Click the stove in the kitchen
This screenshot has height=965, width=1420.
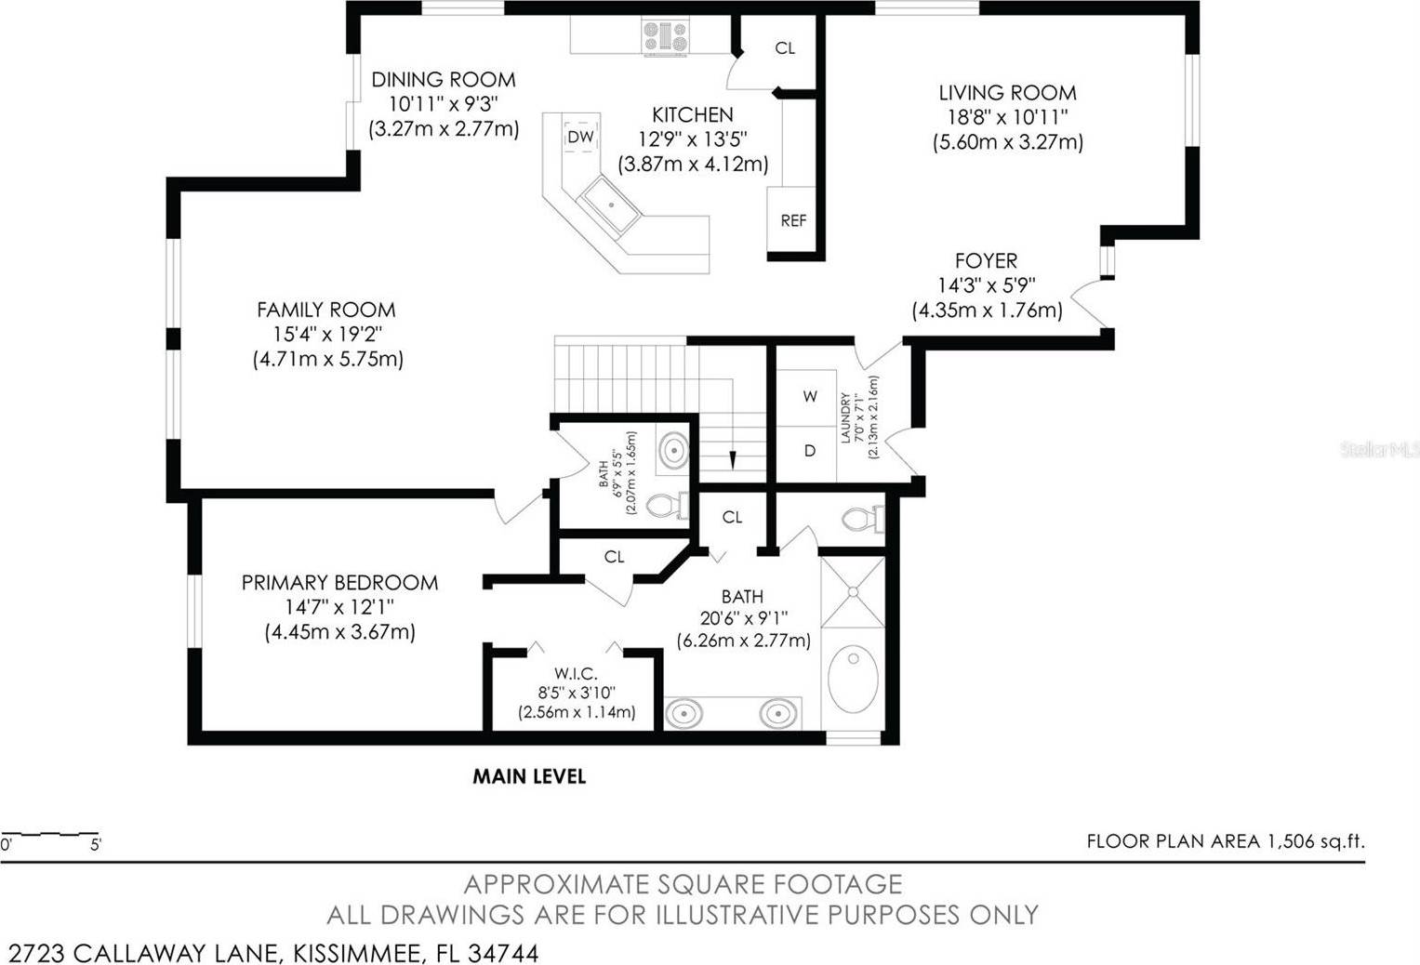tap(665, 37)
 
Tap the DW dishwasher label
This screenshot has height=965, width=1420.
tap(580, 137)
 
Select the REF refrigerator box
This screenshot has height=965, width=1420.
tap(791, 219)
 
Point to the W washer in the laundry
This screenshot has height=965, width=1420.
tap(810, 397)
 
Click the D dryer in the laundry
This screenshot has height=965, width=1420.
tap(810, 451)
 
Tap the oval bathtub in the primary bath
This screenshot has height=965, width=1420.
tap(853, 679)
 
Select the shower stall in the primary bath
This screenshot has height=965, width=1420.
tap(853, 592)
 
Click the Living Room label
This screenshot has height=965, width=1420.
tap(1007, 93)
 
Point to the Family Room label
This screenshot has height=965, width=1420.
tap(325, 310)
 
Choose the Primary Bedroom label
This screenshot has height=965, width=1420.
tap(339, 582)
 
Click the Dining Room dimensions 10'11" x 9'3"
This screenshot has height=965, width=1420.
tap(444, 103)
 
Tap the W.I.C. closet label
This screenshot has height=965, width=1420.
tap(576, 673)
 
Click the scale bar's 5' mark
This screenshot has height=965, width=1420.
tap(96, 845)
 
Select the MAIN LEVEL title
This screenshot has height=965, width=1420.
tap(529, 776)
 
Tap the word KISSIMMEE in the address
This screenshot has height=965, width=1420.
tap(357, 953)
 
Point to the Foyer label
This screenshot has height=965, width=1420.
tap(986, 260)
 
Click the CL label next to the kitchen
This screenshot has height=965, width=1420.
tap(785, 48)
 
